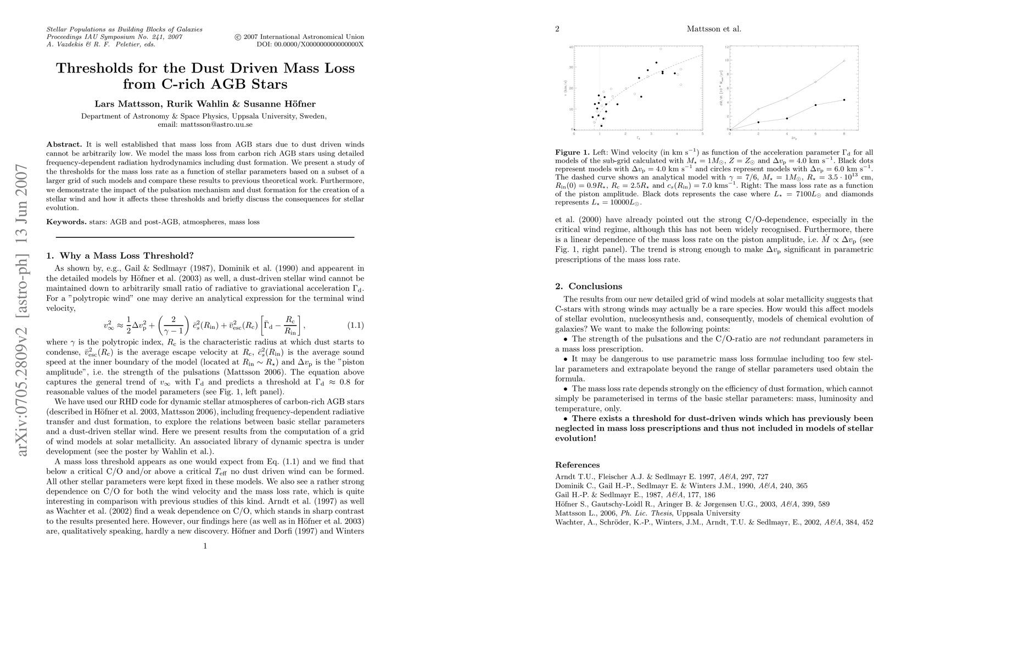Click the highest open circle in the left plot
tap(661, 49)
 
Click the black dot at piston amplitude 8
tap(844, 99)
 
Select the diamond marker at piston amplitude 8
tap(844, 60)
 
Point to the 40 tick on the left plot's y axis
tap(570, 47)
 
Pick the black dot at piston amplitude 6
tap(815, 105)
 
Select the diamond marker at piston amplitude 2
tap(758, 109)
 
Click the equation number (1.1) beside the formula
tap(356, 325)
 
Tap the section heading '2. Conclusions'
tap(589, 286)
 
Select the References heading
tap(577, 465)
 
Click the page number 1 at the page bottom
tap(205, 546)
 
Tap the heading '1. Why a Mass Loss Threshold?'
tap(120, 255)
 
